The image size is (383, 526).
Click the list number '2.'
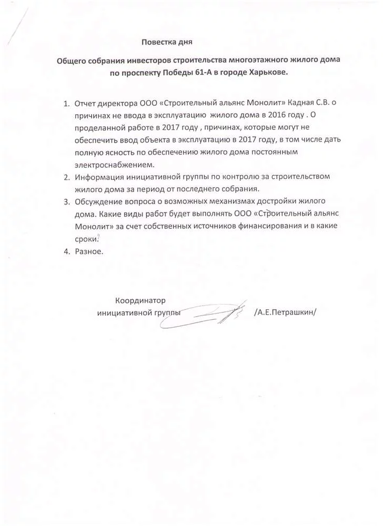pyautogui.click(x=67, y=177)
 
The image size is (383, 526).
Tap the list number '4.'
pyautogui.click(x=67, y=251)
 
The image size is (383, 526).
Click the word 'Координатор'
pyautogui.click(x=140, y=301)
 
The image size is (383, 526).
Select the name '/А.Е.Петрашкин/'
pyautogui.click(x=285, y=313)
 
